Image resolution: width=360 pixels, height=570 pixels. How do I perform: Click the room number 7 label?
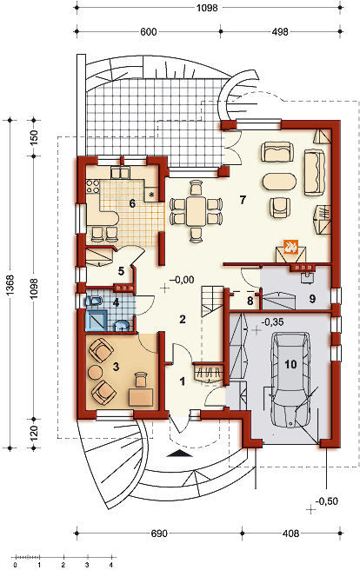pyautogui.click(x=243, y=199)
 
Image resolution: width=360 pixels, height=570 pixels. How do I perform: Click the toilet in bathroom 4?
pyautogui.click(x=93, y=301)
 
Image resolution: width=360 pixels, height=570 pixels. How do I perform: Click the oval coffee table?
pyautogui.click(x=279, y=182)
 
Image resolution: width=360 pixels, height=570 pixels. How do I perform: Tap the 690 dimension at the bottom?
pyautogui.click(x=159, y=534)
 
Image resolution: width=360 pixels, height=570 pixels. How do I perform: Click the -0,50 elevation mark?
pyautogui.click(x=327, y=501)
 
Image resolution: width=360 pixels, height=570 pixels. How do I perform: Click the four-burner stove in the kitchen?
pyautogui.click(x=93, y=187)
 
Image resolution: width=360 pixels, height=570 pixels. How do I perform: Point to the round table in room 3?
pyautogui.click(x=96, y=372)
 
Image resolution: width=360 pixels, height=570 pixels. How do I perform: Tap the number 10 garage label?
pyautogui.click(x=291, y=364)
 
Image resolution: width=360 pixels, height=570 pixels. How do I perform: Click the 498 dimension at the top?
pyautogui.click(x=280, y=31)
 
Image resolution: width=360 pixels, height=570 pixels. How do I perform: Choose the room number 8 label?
pyautogui.click(x=250, y=302)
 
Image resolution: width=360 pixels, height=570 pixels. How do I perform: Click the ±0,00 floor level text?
pyautogui.click(x=182, y=280)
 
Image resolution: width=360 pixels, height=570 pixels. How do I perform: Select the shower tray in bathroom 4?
pyautogui.click(x=96, y=320)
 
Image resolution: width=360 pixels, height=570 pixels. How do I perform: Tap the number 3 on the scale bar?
pyautogui.click(x=87, y=565)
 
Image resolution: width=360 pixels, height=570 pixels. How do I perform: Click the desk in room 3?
pyautogui.click(x=141, y=397)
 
